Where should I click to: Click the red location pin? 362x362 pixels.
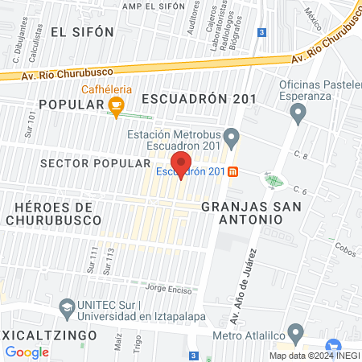point(181,164)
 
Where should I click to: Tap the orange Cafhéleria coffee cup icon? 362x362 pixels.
point(117,105)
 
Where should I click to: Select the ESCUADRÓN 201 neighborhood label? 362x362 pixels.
point(199,99)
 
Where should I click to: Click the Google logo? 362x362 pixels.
point(27,352)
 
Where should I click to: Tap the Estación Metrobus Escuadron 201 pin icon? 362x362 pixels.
point(232,135)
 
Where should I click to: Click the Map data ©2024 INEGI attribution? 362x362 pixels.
point(314,355)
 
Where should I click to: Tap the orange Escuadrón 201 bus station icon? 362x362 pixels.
point(233,171)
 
